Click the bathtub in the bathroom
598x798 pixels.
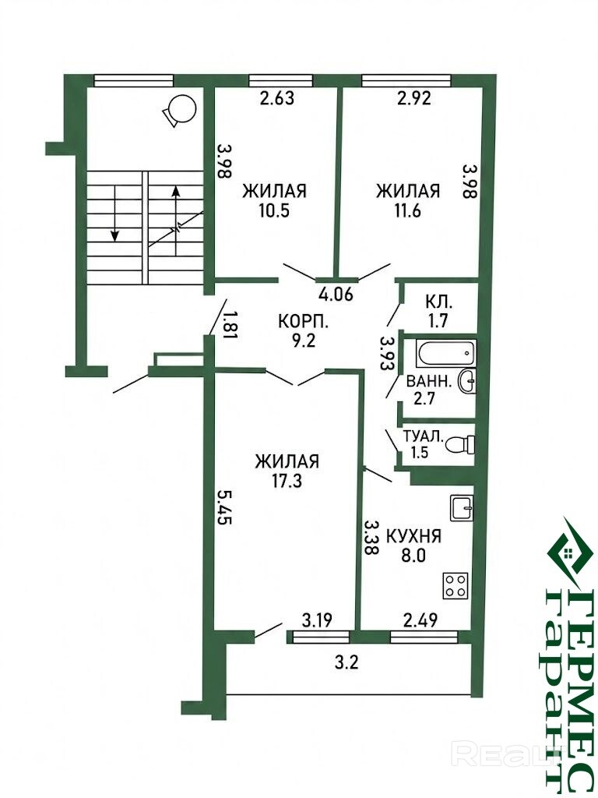(x=445, y=353)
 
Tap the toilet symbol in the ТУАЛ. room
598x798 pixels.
(x=460, y=444)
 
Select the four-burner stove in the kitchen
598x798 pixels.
(x=456, y=584)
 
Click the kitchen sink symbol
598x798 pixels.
(x=462, y=508)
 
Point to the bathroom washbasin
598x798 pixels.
(x=467, y=380)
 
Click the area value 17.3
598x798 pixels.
(x=287, y=480)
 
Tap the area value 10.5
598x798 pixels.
(x=274, y=210)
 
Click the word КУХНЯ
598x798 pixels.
(x=414, y=536)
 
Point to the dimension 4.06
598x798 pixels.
(x=336, y=294)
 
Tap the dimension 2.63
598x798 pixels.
(x=276, y=97)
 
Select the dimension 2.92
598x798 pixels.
(x=414, y=97)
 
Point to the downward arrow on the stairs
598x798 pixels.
(x=115, y=214)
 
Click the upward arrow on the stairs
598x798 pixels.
(x=176, y=221)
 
